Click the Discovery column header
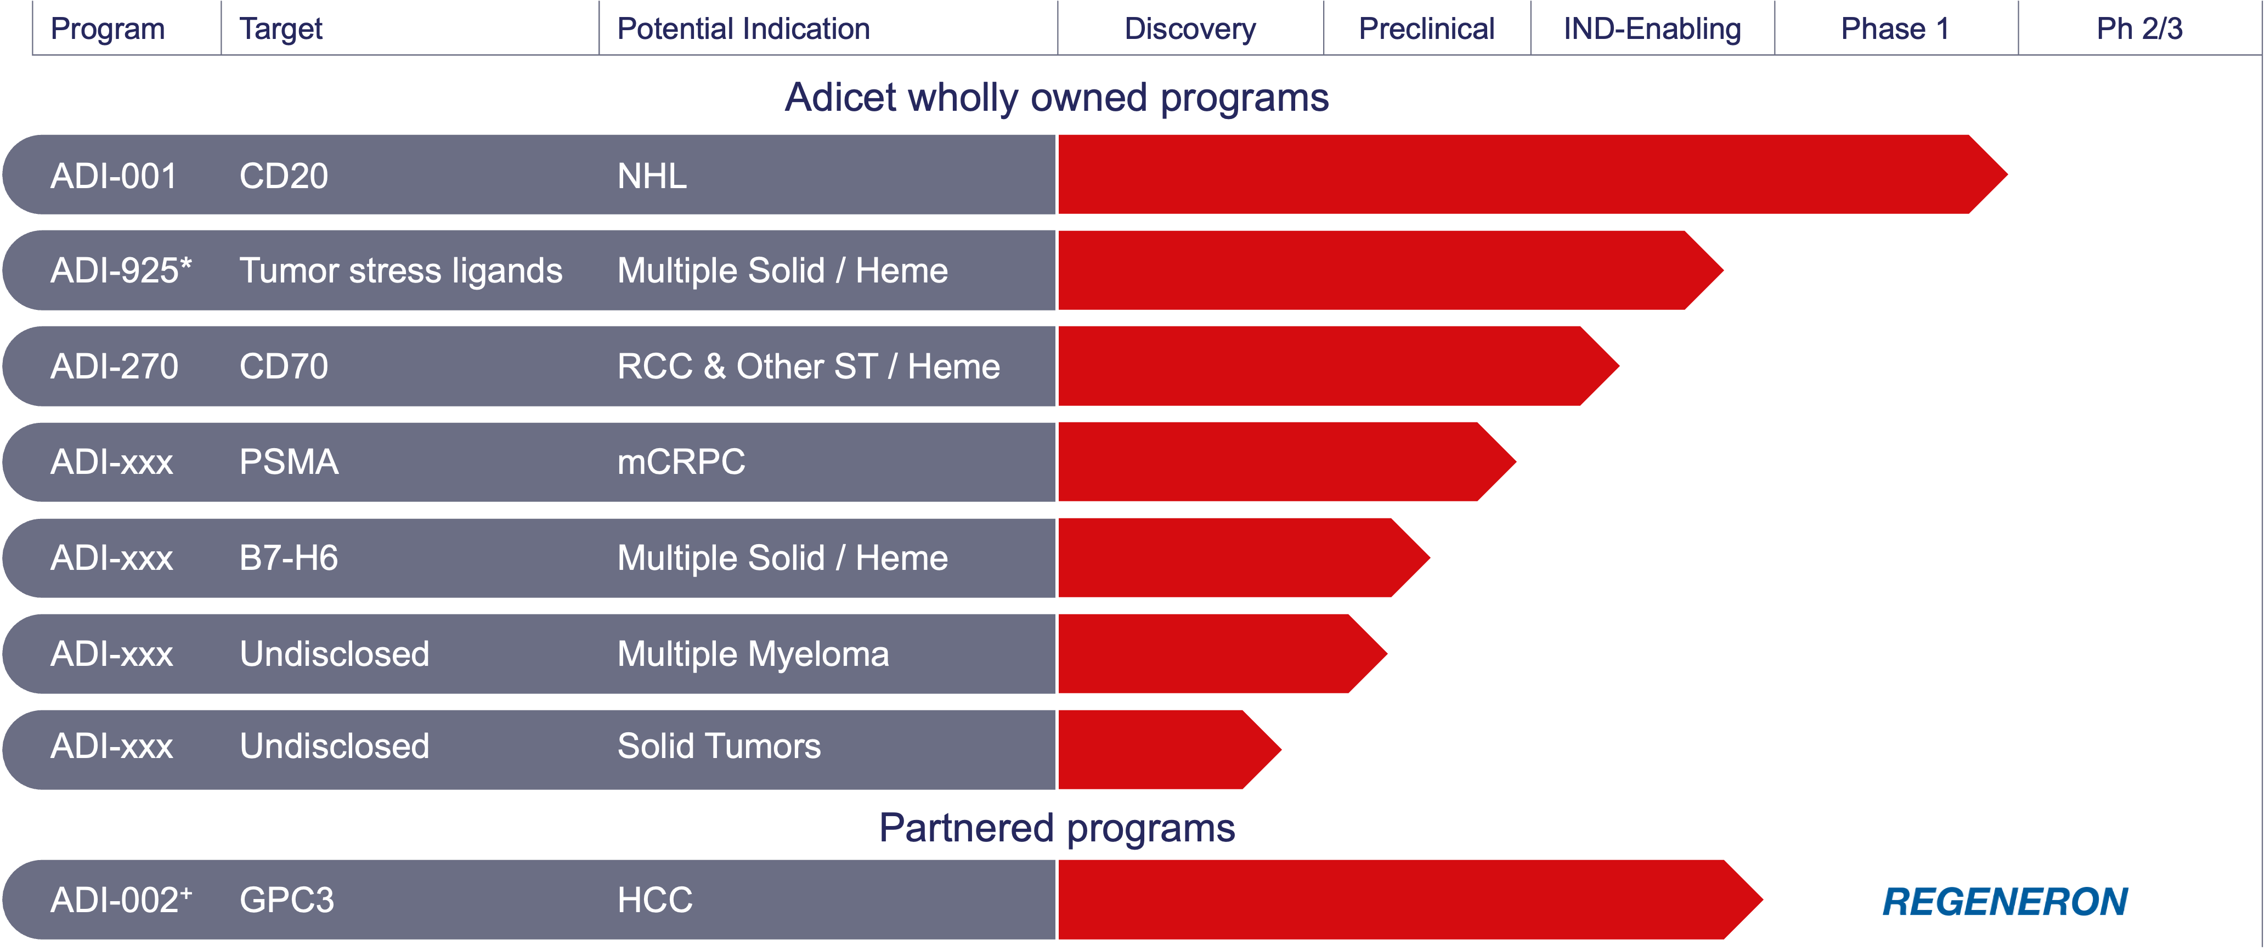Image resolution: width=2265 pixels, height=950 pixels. tap(1190, 29)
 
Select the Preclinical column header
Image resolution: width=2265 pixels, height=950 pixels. tap(1426, 29)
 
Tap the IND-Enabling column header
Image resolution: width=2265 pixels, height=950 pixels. tap(1652, 29)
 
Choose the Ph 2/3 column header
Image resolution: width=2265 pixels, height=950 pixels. tap(2139, 29)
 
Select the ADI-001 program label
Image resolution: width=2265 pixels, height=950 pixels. tap(114, 176)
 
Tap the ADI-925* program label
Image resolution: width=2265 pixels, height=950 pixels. tap(121, 270)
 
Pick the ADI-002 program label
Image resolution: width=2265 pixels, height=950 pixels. tap(121, 900)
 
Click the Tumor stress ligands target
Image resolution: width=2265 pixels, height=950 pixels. tap(401, 270)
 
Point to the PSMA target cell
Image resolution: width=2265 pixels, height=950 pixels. tap(289, 461)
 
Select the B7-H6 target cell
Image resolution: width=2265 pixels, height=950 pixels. tap(289, 558)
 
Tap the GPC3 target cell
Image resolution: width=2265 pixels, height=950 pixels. tap(287, 900)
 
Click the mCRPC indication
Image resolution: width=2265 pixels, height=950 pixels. tap(681, 461)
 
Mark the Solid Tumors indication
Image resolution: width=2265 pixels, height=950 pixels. tap(719, 746)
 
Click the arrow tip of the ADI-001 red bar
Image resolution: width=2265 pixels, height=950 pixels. tap(2007, 174)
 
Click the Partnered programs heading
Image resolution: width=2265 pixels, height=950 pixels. tap(1057, 828)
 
